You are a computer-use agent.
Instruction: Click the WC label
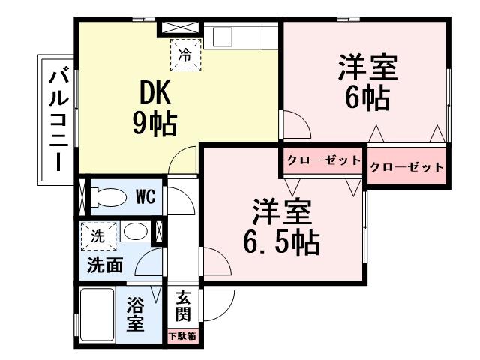click(145, 197)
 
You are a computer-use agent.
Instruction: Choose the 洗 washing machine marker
click(98, 235)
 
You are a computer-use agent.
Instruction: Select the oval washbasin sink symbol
click(135, 232)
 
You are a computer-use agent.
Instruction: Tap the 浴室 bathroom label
click(135, 315)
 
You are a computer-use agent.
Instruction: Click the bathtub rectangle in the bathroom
click(97, 316)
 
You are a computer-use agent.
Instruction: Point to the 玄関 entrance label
click(183, 304)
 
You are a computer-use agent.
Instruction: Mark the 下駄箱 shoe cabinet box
click(182, 336)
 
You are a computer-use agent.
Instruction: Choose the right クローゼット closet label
click(407, 166)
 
